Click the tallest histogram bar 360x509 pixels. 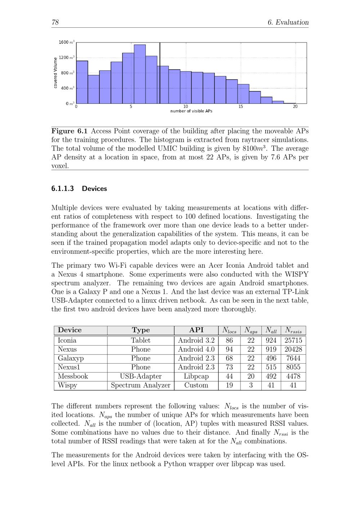[x=140, y=74]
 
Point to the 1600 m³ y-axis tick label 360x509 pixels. [x=67, y=42]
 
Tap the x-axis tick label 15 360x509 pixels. [x=240, y=107]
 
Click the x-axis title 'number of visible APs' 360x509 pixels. [x=191, y=111]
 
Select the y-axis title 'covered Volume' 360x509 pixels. [x=55, y=73]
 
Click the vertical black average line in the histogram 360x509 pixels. [x=160, y=72]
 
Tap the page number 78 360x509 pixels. [x=55, y=22]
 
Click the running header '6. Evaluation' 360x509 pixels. [x=288, y=22]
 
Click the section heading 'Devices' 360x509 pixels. [x=94, y=189]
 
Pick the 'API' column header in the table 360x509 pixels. [x=196, y=330]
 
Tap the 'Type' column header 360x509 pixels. [x=141, y=330]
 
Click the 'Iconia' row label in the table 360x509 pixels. [x=67, y=341]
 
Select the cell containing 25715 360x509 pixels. [x=293, y=341]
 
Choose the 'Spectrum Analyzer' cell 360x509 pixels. [x=141, y=386]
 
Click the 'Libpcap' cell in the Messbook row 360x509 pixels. [x=196, y=377]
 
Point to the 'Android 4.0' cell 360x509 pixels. [x=196, y=350]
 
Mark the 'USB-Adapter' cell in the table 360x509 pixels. [x=141, y=377]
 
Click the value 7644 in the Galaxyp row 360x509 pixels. [x=293, y=359]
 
